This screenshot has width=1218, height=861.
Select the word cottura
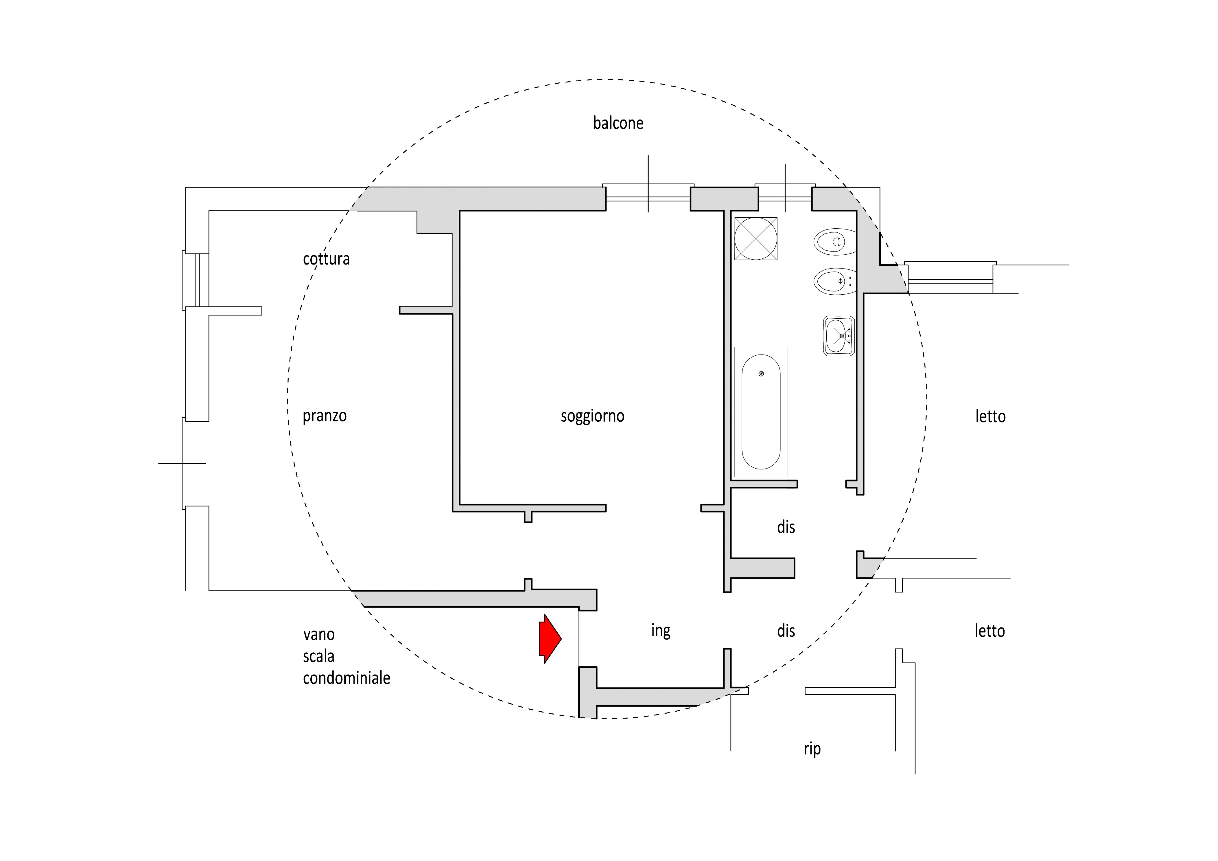click(x=326, y=259)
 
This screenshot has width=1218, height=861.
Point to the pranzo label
click(x=325, y=416)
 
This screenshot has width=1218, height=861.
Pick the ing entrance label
click(x=660, y=631)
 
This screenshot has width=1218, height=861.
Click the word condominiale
click(x=347, y=678)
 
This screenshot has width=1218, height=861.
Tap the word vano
click(x=319, y=634)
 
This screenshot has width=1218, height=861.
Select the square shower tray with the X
click(x=756, y=238)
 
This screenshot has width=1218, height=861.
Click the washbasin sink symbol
click(x=839, y=335)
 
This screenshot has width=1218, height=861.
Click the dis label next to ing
click(x=786, y=631)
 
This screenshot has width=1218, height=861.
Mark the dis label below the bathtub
click(x=786, y=527)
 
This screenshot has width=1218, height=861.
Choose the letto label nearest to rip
click(x=990, y=631)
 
